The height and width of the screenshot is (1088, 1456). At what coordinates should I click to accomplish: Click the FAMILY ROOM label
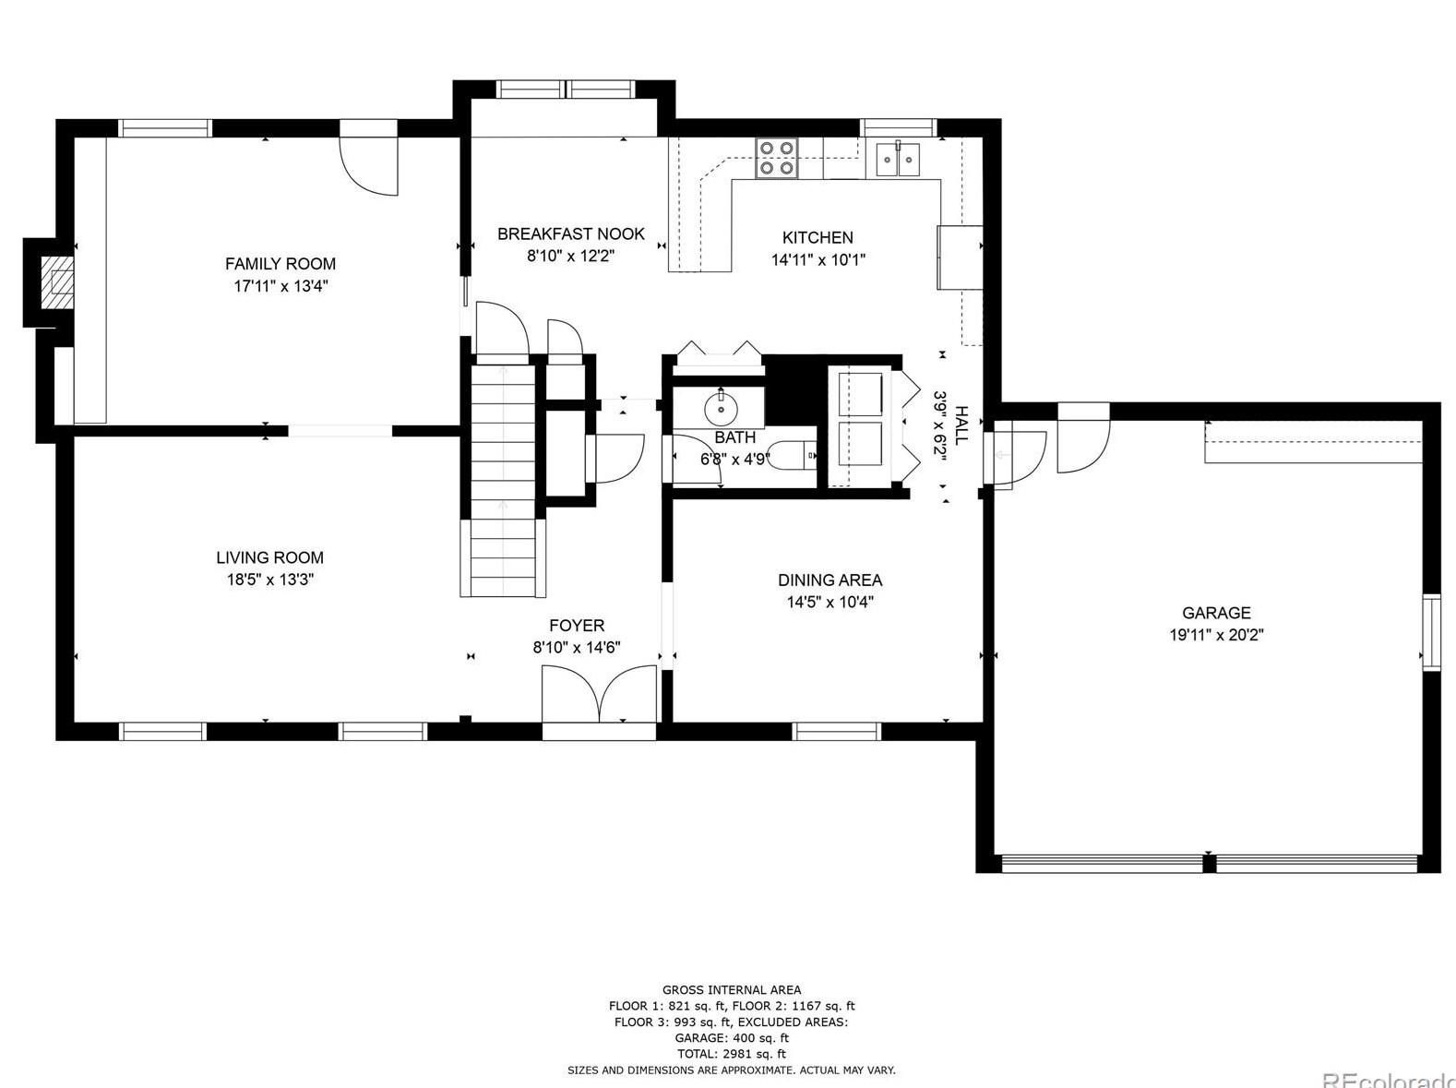280,264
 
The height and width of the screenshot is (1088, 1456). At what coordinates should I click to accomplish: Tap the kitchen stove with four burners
777,158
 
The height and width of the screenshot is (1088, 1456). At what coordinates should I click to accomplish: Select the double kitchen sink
898,159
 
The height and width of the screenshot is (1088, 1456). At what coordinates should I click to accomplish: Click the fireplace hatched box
55,282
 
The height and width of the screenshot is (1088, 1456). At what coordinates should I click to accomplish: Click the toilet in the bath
794,456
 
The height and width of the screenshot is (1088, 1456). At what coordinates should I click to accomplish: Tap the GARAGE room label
1216,613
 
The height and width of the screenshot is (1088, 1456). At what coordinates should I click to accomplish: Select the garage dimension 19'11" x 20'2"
1216,635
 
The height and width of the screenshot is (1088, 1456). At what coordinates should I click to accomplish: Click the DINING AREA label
829,580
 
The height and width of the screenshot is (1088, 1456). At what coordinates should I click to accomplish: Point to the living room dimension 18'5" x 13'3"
270,580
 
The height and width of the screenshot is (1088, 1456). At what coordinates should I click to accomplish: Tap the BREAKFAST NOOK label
570,234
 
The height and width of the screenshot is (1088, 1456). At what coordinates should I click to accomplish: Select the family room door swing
368,166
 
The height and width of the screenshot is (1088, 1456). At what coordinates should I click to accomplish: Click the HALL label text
960,424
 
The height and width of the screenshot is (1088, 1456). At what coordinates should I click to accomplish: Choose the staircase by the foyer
503,480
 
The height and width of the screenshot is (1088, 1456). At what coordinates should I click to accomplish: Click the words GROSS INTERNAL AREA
732,990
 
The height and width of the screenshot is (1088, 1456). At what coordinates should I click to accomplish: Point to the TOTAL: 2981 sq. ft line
732,1054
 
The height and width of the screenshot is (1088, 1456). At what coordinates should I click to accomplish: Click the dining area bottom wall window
837,731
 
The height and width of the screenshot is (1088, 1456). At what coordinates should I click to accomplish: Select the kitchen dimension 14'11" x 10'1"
818,259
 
